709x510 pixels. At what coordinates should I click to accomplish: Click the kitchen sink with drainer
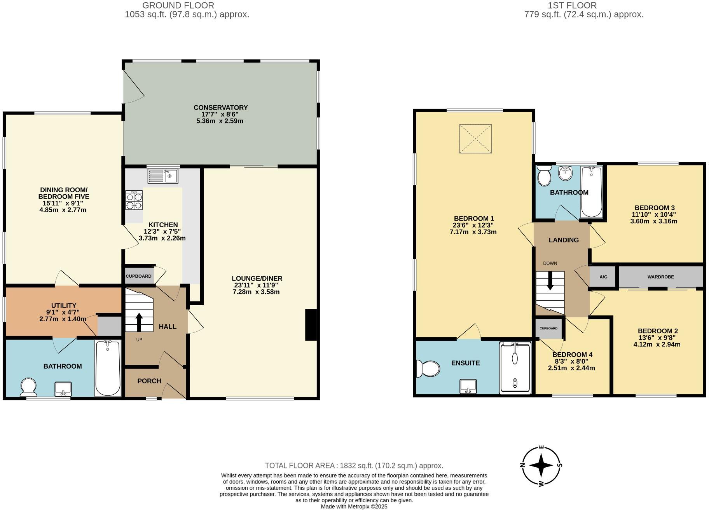click(x=163, y=176)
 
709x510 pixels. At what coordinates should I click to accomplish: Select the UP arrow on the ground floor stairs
click(x=139, y=321)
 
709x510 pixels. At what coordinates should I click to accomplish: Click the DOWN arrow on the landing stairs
click(x=550, y=281)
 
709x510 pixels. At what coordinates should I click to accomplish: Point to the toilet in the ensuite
click(x=428, y=368)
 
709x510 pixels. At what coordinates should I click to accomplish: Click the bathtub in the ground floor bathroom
click(x=108, y=368)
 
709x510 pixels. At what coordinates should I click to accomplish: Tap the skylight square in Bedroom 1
click(x=475, y=139)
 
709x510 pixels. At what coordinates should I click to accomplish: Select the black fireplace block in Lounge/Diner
click(x=311, y=325)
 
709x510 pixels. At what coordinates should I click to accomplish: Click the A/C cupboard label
click(x=603, y=277)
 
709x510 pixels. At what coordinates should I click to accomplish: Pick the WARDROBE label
click(x=660, y=277)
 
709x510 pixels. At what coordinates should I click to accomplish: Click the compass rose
click(x=541, y=465)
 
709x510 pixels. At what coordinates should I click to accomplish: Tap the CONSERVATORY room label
click(x=220, y=108)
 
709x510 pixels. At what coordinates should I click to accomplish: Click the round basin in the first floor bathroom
click(x=566, y=173)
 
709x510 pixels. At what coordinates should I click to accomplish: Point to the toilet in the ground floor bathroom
click(x=28, y=387)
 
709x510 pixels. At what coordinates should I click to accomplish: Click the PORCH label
click(x=149, y=381)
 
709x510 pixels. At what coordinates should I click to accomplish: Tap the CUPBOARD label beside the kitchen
click(x=138, y=276)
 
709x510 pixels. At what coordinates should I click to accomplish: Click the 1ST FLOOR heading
click(x=572, y=5)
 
